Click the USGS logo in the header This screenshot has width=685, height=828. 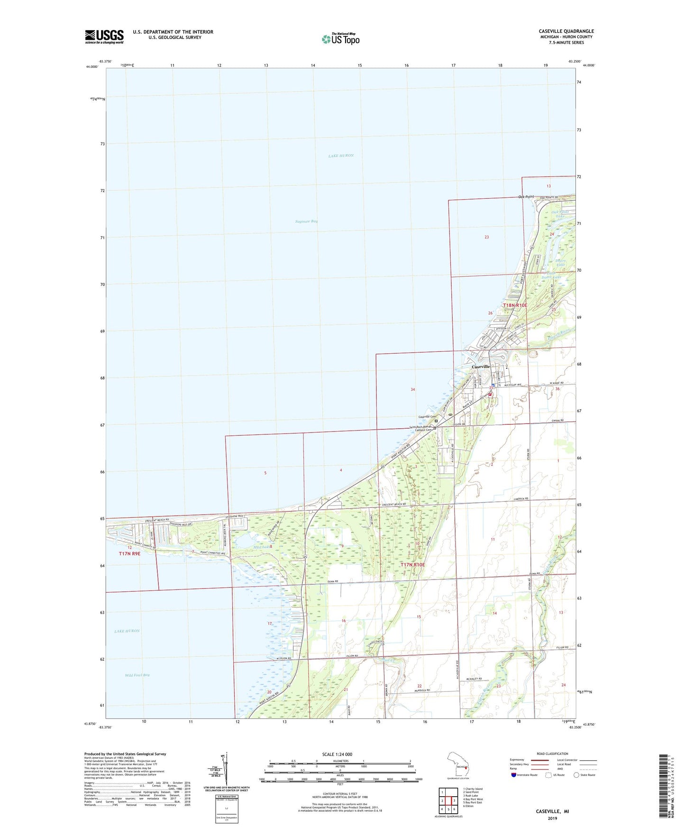coord(104,37)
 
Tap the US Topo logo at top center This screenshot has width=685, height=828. coord(340,39)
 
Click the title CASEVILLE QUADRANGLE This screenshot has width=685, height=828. coord(566,31)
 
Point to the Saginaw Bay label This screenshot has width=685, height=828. coord(306,221)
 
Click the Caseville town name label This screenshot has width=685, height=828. coord(481,367)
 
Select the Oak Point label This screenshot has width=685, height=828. coord(526,197)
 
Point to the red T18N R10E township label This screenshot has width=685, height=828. coord(515,305)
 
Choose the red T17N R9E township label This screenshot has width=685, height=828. coord(129,553)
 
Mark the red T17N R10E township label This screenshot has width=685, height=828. coord(412,565)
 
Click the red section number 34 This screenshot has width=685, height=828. coord(412,389)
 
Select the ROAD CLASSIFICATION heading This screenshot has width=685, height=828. coord(552,754)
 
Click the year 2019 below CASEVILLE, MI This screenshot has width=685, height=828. coord(552,818)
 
